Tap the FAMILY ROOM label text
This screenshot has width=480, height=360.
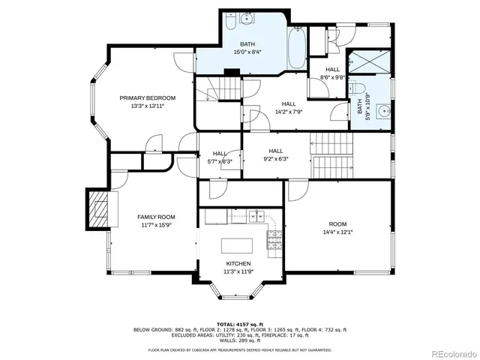point(155,217)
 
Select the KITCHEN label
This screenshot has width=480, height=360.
point(238,264)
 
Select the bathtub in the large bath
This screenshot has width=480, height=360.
point(297,48)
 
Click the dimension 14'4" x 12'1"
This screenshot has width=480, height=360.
point(337,232)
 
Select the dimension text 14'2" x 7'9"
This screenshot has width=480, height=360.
point(289,112)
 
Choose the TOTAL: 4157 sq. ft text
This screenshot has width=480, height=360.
point(239,323)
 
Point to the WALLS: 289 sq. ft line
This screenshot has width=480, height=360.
point(239,341)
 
